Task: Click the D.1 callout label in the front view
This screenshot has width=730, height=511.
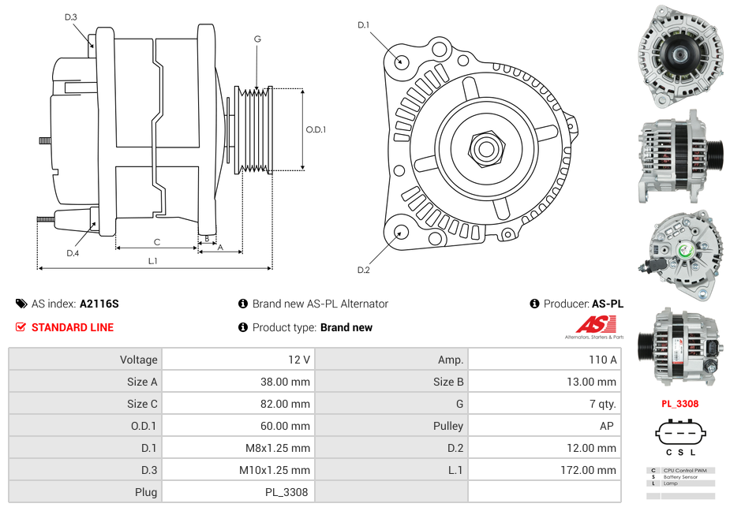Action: (363, 25)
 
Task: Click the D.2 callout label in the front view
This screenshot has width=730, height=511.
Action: (363, 270)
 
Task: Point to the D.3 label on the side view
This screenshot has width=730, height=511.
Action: (71, 17)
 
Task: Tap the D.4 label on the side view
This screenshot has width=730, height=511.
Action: (73, 253)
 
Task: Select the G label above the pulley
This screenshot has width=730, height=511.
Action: (257, 39)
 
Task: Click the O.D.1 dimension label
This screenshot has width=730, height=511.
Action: (316, 130)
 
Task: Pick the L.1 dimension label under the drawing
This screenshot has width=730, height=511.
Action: (153, 261)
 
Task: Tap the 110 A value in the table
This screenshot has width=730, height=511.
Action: (602, 360)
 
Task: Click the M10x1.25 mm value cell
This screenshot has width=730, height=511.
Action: (275, 470)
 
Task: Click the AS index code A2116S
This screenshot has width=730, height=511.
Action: (99, 304)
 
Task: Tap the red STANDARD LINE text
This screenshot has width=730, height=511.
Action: (73, 327)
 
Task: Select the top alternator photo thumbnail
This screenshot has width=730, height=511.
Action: (679, 56)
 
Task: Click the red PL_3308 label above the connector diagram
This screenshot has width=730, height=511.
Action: (679, 404)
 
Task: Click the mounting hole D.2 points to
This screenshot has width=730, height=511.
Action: (401, 232)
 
